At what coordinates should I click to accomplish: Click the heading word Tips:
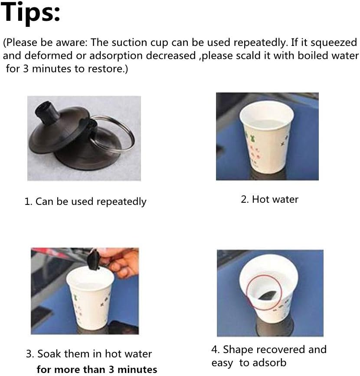click(x=30, y=13)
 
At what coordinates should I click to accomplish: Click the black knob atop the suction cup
click(x=47, y=111)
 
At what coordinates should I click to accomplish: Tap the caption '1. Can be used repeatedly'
click(x=85, y=202)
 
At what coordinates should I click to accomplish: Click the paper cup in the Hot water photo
click(x=267, y=137)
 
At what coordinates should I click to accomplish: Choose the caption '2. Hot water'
click(x=269, y=199)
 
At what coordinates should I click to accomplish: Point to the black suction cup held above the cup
click(x=94, y=260)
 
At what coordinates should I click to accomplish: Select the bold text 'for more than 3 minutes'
click(x=97, y=369)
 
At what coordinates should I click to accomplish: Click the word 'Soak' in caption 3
click(x=49, y=354)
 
